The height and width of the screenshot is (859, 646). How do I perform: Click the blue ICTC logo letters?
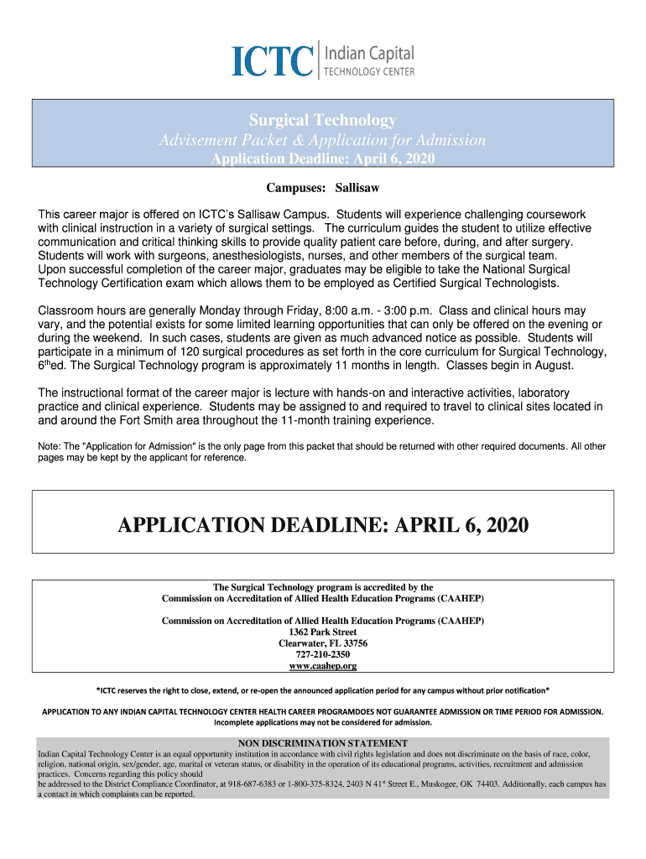(274, 60)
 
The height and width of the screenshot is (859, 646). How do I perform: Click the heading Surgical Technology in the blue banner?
(323, 120)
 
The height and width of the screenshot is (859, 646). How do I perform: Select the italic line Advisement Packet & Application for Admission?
(323, 140)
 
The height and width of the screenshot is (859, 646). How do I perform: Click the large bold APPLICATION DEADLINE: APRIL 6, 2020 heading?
(323, 525)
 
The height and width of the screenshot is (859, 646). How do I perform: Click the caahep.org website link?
(323, 666)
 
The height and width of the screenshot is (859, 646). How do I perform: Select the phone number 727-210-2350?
(323, 654)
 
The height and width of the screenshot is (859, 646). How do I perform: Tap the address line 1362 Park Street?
(323, 632)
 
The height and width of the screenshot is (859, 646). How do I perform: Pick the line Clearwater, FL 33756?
(323, 643)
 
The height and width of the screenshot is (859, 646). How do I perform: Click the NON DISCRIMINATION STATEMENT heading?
(323, 743)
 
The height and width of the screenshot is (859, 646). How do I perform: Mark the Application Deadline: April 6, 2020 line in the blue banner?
(323, 159)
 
